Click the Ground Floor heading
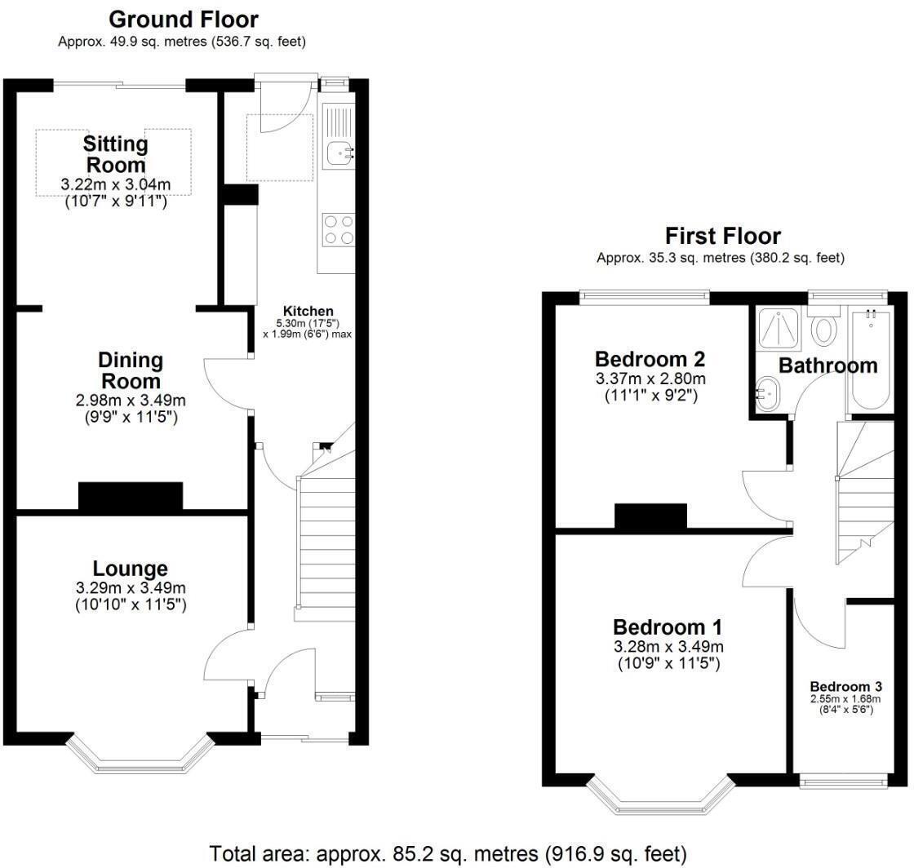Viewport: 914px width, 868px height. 183,19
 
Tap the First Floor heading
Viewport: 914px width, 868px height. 723,237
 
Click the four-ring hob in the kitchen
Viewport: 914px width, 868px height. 339,228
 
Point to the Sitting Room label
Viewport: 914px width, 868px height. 115,154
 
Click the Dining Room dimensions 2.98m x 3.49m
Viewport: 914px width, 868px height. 131,401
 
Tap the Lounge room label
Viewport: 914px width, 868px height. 130,569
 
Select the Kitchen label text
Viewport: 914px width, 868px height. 308,311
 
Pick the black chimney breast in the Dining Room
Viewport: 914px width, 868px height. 131,497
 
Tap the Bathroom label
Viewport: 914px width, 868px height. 827,365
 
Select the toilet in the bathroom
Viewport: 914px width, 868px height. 825,327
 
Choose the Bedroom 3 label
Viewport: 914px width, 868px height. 845,687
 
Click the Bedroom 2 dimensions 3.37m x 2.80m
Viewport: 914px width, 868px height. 650,379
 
